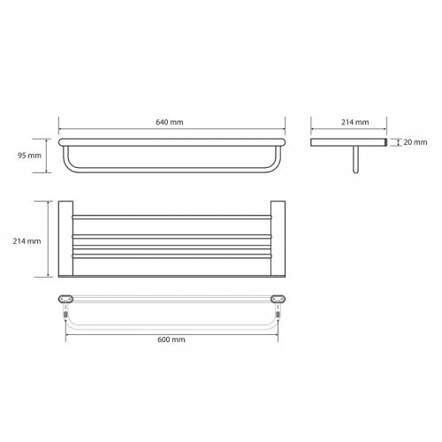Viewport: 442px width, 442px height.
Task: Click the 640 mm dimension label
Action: [170, 122]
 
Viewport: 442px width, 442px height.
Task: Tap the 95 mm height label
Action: [29, 156]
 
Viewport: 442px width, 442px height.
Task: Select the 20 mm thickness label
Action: [415, 142]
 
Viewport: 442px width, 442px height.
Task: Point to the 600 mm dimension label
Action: [171, 339]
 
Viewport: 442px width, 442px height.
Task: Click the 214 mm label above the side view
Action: [355, 122]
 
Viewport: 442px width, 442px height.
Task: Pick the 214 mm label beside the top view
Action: [27, 241]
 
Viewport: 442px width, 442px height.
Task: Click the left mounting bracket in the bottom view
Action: [65, 299]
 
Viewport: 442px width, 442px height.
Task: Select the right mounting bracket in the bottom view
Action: [278, 299]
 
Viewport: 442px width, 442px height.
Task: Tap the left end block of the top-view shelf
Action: [65, 239]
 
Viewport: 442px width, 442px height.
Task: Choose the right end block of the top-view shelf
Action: [278, 239]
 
